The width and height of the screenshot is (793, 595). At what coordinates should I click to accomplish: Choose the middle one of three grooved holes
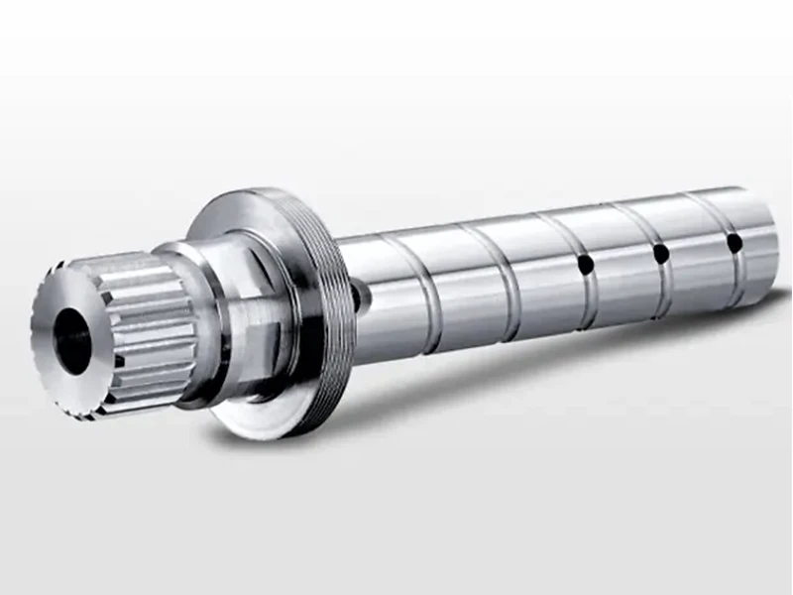(x=660, y=253)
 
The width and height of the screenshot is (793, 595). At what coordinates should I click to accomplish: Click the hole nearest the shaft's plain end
(x=734, y=241)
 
